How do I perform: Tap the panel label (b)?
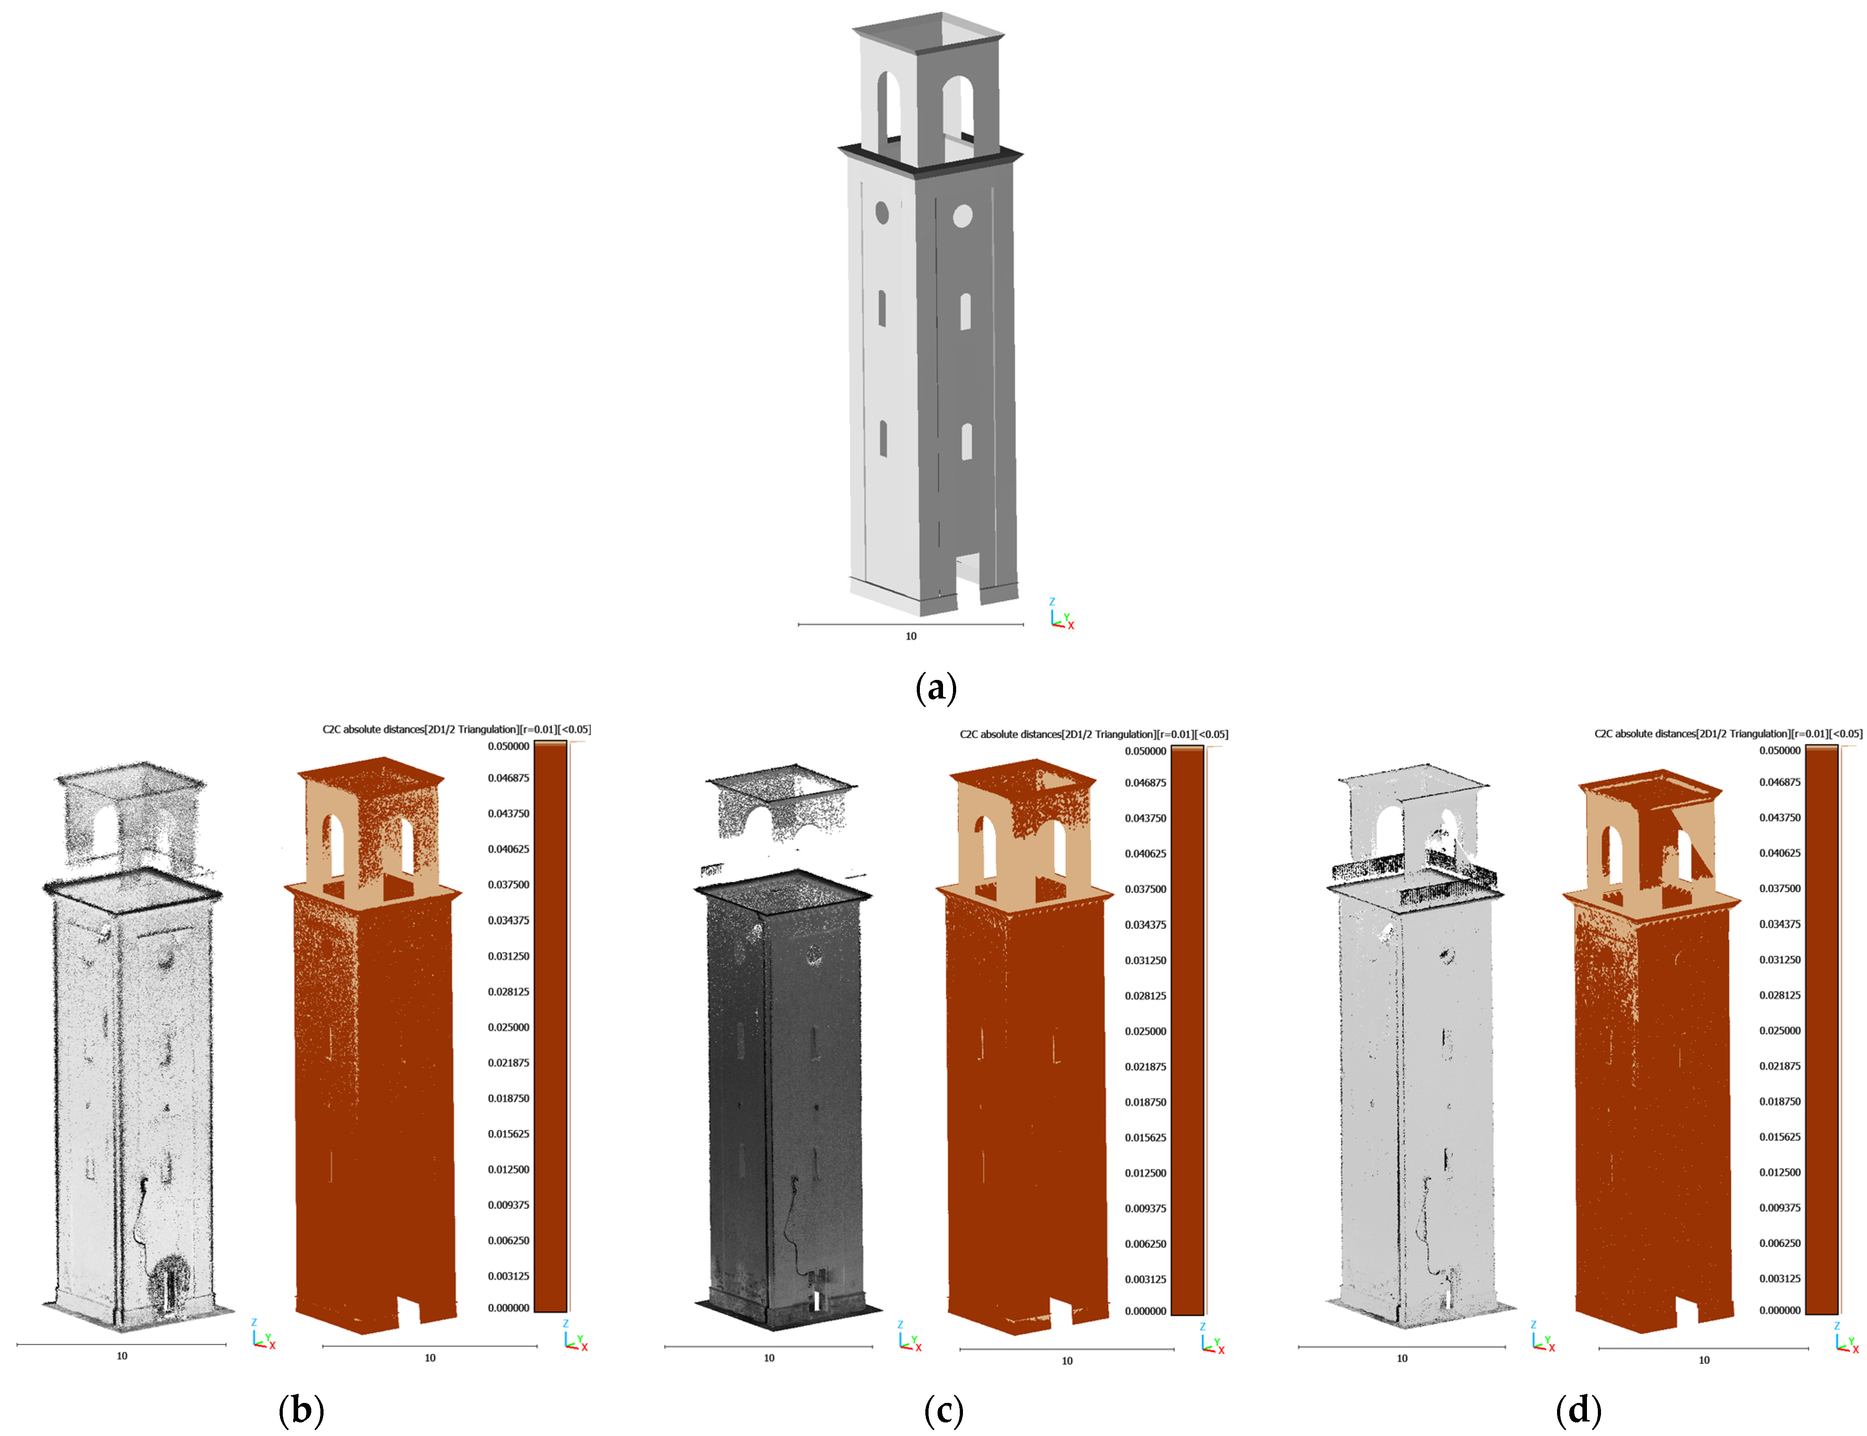(301, 1410)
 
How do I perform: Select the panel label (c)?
(943, 1410)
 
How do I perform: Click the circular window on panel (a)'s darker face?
(962, 215)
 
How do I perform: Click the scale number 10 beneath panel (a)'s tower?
(911, 636)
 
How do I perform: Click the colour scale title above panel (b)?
(456, 729)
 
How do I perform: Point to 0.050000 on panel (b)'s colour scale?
(508, 746)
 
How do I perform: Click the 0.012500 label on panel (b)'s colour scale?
(508, 1169)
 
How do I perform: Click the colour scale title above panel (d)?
(1729, 733)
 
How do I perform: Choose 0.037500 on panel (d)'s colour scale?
(1780, 888)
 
